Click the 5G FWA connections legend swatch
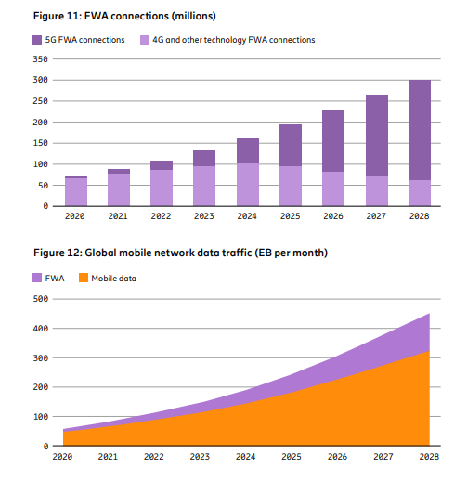pos(38,40)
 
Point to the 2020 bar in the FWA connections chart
pos(76,191)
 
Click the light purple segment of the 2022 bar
pos(162,188)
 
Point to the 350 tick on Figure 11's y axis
pos(40,58)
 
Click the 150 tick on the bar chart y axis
pos(40,143)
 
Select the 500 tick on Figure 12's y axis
pos(40,299)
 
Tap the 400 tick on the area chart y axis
pos(40,329)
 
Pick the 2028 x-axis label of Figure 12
pos(428,458)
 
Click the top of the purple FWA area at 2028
pos(427,316)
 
